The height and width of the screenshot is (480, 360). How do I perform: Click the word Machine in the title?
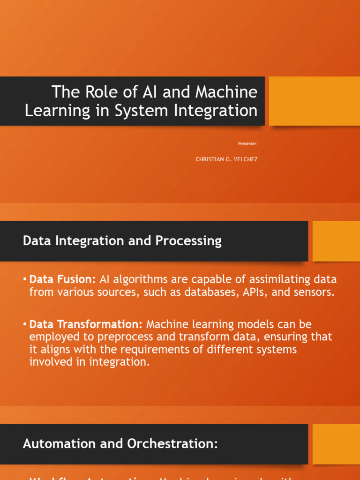pos(226,92)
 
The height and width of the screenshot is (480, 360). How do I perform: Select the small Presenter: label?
pos(247,143)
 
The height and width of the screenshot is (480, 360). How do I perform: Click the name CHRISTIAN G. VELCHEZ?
pos(226,159)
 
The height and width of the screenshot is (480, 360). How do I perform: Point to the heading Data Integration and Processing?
pos(122,241)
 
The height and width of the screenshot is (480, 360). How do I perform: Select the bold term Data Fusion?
pos(62,279)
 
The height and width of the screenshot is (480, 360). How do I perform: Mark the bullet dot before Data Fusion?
pos(24,279)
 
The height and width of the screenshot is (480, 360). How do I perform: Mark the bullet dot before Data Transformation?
pos(24,324)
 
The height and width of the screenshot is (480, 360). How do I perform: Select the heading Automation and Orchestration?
pos(120,444)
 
